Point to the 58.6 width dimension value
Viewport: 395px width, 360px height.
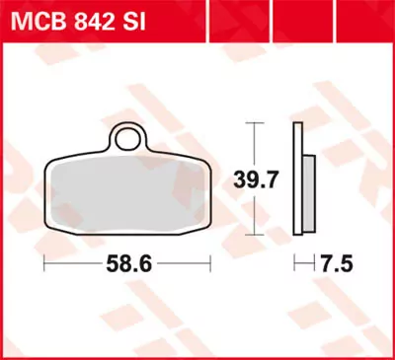click(x=130, y=265)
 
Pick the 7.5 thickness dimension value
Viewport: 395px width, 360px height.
click(x=337, y=265)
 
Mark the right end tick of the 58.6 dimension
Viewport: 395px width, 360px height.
click(x=211, y=265)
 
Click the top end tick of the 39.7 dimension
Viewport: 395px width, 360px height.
click(x=255, y=123)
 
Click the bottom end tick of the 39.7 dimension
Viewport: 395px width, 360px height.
click(x=255, y=236)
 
